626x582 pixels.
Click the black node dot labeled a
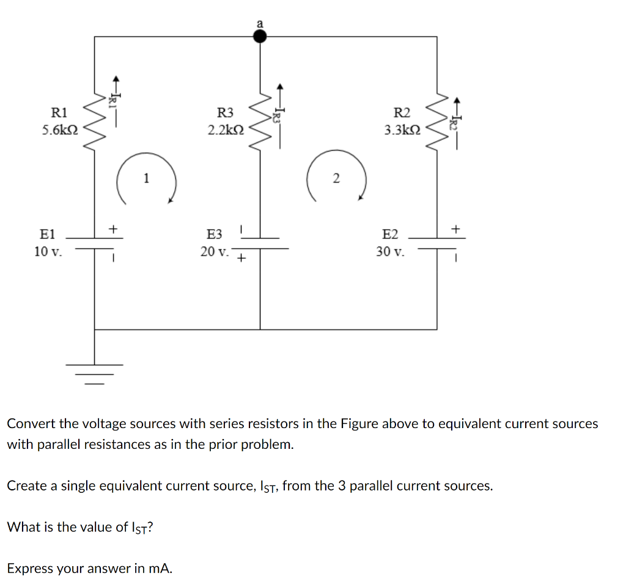260,37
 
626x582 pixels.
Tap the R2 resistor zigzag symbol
436,121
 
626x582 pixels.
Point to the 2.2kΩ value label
226,130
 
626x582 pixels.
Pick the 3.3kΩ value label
402,130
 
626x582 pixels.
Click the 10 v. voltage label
48,251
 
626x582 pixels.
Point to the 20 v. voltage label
215,251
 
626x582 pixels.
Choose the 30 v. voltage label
391,251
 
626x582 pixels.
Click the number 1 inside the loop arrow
145,178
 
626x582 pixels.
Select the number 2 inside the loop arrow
335,178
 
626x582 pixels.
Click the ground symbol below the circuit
94,374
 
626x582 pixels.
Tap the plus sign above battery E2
455,228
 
